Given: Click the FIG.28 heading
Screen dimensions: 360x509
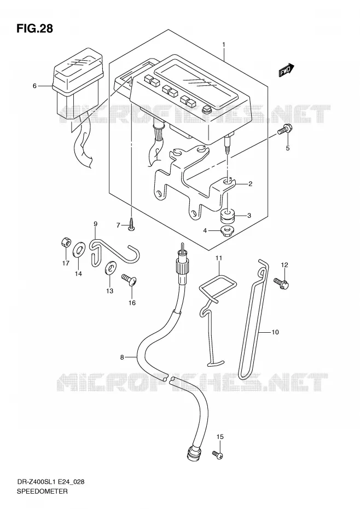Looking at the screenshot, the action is tap(34, 28).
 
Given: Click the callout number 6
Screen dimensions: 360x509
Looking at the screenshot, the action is tap(34, 86).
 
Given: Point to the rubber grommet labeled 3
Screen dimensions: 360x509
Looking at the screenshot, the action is tap(227, 216).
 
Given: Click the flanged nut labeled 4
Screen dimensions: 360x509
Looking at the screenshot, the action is tap(227, 232).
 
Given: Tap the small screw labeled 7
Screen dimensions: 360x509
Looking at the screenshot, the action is tap(131, 224).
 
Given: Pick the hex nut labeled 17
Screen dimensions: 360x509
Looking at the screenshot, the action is tap(65, 242).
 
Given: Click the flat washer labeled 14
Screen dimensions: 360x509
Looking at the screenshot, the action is tap(78, 249).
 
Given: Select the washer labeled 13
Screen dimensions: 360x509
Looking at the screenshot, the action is tap(111, 268).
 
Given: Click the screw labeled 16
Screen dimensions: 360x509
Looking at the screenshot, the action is tap(129, 280).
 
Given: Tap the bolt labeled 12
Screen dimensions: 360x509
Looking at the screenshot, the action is tap(281, 283).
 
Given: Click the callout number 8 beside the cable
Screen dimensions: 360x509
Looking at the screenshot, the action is tap(122, 357).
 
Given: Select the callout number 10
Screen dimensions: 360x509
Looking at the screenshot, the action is tap(275, 332).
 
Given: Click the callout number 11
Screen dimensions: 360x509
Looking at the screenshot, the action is tap(218, 258).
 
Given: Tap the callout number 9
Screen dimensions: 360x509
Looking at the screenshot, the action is tap(95, 224).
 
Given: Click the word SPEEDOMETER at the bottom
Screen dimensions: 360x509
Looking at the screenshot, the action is tap(42, 491).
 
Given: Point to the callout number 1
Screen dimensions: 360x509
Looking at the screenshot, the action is tap(224, 44).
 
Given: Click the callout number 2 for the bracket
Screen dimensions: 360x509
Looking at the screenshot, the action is tap(250, 184).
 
